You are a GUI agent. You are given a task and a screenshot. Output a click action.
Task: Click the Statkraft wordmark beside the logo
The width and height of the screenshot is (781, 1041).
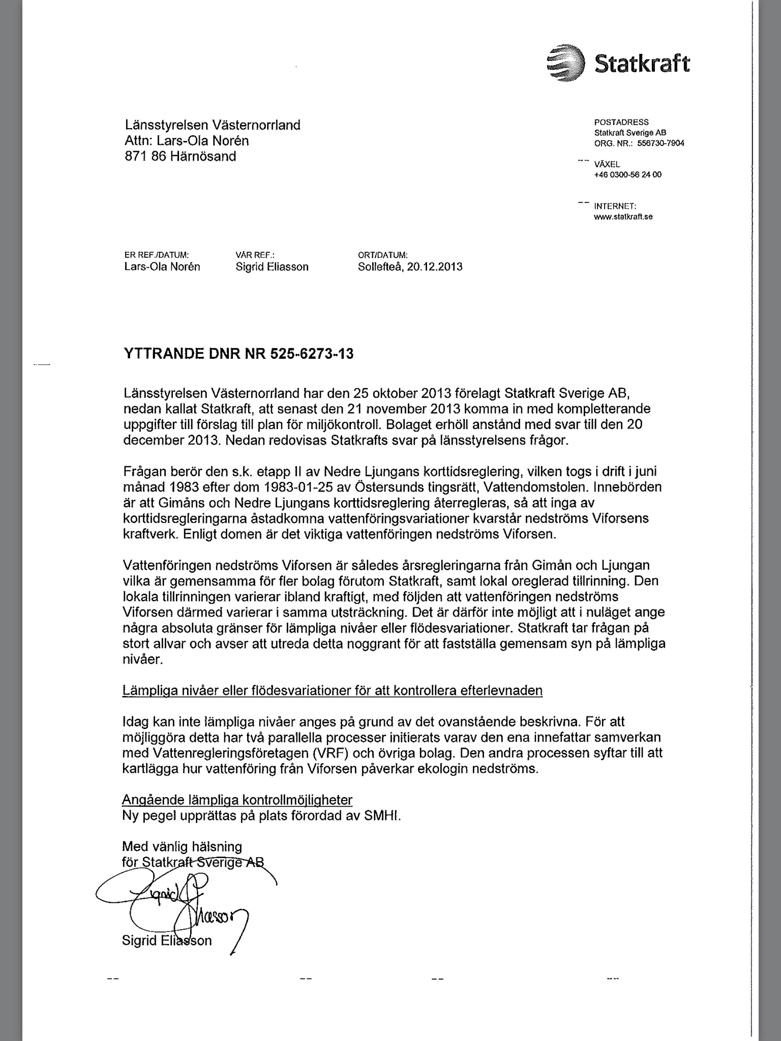(x=642, y=64)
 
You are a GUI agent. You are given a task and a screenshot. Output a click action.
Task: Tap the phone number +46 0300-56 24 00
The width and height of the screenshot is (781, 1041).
(x=627, y=175)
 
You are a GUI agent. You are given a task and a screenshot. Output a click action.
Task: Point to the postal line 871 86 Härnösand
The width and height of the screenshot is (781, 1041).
(x=181, y=157)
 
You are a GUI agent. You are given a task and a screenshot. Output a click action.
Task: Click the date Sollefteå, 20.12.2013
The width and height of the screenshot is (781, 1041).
(x=410, y=267)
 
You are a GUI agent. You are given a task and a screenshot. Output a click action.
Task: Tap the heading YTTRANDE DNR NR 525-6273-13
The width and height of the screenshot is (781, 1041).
(x=238, y=354)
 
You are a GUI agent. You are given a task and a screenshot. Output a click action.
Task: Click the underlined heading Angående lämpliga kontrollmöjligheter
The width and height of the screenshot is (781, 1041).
(x=237, y=800)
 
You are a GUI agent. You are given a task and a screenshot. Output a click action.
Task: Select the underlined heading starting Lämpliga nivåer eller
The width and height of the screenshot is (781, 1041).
(x=333, y=691)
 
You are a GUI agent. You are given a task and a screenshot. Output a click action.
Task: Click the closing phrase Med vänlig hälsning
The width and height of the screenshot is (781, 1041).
(x=182, y=847)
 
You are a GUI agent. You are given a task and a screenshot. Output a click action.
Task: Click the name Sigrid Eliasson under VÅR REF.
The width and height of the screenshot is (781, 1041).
(x=272, y=267)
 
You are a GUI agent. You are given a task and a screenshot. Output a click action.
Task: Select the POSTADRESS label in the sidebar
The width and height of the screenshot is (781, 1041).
(x=621, y=122)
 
